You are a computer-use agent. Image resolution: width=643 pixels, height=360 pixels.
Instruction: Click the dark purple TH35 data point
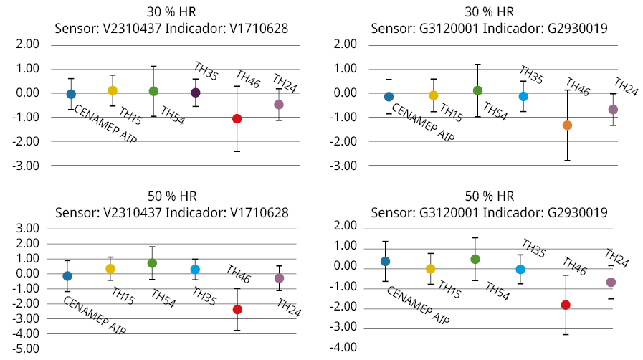[x=196, y=93]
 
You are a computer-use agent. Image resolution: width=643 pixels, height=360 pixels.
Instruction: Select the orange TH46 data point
[x=567, y=125]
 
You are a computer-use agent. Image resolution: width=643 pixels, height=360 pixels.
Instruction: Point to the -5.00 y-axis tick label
[x=27, y=349]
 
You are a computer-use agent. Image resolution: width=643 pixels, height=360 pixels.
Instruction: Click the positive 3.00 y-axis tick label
[x=28, y=229]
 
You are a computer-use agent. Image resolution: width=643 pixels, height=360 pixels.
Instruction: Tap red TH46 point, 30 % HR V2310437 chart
[x=237, y=118]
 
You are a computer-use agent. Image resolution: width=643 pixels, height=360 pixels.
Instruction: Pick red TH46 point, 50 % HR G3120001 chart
[x=566, y=305]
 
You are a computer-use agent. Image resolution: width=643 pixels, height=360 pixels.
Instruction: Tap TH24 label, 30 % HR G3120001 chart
[x=627, y=87]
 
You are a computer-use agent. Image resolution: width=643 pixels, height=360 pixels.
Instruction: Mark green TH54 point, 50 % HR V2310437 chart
[x=152, y=263]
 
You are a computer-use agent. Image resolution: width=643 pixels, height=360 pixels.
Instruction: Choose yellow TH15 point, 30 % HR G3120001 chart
[x=433, y=95]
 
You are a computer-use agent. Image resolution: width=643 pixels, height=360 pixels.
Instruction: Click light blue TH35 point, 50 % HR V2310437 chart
[x=195, y=270]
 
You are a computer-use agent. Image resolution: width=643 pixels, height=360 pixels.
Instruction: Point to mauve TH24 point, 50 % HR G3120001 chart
[x=611, y=282]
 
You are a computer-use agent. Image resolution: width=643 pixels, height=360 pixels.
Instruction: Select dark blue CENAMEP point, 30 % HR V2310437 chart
[x=71, y=94]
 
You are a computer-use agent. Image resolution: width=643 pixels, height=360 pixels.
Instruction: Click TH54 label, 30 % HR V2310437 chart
[x=173, y=115]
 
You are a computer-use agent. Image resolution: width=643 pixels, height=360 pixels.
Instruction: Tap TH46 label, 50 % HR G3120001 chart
[x=576, y=266]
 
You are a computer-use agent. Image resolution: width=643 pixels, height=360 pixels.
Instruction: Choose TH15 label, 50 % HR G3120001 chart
[x=449, y=290]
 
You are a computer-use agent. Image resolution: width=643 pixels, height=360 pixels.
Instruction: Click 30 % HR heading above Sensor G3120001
[x=490, y=13]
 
